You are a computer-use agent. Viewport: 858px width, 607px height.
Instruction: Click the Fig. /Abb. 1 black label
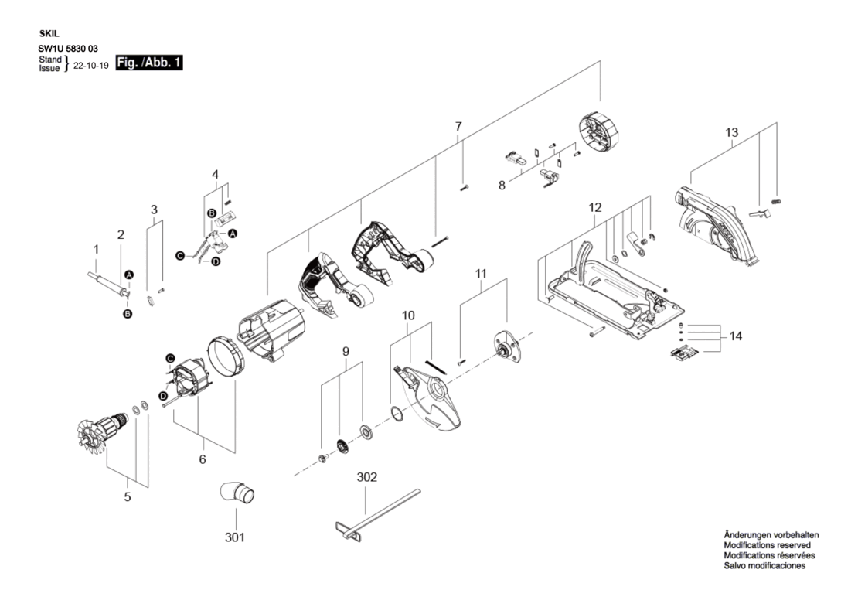pos(148,63)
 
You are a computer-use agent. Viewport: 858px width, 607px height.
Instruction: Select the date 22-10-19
pos(91,65)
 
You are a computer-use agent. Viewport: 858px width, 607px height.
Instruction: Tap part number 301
pos(235,537)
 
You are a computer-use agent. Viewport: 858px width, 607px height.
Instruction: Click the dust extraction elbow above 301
pos(237,493)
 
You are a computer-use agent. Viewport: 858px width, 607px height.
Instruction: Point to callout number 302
pos(366,477)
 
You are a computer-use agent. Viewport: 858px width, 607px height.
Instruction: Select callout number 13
pos(731,132)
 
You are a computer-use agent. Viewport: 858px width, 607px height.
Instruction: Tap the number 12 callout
pos(594,207)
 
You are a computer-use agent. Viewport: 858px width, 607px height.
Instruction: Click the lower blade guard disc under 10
pos(431,398)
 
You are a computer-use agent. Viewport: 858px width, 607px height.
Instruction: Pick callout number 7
pos(458,127)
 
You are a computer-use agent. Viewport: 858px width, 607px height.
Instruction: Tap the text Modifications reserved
pos(767,545)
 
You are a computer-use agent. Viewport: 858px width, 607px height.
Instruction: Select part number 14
pos(735,336)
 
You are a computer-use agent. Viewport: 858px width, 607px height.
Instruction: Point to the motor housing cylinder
pos(271,332)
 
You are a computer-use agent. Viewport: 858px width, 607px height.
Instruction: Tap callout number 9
pos(346,351)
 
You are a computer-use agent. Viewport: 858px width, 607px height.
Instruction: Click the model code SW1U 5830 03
pos(68,49)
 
